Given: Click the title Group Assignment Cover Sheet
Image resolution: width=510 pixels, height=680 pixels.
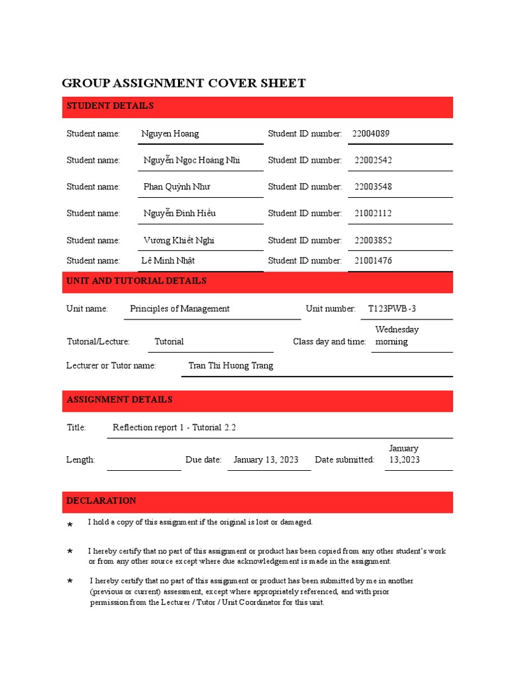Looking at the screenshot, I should [x=183, y=83].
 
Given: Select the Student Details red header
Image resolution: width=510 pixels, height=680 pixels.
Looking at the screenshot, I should [x=258, y=106].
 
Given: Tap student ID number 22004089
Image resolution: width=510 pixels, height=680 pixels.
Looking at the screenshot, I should [x=371, y=133].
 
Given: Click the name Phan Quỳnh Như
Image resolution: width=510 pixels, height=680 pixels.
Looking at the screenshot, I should [x=177, y=187].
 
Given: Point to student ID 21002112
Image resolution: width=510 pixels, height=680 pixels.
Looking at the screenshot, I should [x=373, y=213].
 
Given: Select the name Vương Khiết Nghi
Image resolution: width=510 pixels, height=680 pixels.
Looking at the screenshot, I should [x=179, y=240].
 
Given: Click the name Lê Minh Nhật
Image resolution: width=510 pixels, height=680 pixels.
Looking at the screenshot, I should [x=168, y=260].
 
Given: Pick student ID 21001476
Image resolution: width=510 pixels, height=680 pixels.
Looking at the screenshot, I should [x=373, y=260].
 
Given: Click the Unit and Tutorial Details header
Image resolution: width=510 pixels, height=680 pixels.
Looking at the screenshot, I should [x=258, y=282].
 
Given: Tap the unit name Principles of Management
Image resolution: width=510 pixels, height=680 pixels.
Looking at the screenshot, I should [x=179, y=309].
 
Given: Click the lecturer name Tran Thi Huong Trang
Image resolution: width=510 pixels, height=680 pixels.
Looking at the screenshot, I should [x=230, y=365].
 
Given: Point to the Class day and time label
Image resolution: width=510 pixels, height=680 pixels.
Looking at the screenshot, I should [x=329, y=341].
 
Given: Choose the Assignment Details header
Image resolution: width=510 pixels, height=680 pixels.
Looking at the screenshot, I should [x=258, y=400].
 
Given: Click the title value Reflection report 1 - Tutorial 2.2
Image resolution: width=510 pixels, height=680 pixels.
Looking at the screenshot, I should [x=175, y=428].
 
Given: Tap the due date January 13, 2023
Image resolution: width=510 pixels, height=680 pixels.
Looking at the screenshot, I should [x=266, y=460].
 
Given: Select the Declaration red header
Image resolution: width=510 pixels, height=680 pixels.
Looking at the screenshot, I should [x=258, y=501].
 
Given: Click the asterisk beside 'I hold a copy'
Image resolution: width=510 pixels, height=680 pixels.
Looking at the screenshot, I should [x=70, y=526].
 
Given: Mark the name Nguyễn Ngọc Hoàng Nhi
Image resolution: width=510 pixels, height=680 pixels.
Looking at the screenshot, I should [x=191, y=160].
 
